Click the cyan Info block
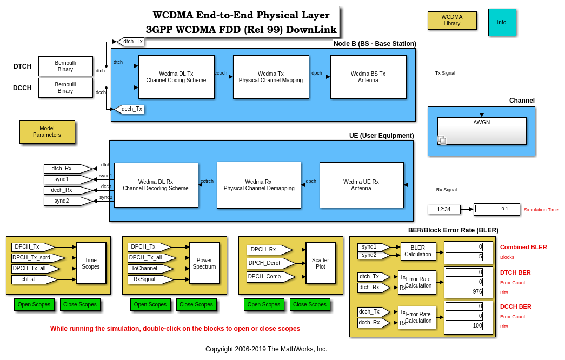(x=502, y=22)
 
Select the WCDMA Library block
(x=452, y=21)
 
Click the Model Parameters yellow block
(x=47, y=132)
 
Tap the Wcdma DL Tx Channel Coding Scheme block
(x=176, y=77)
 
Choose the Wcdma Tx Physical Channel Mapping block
(x=271, y=77)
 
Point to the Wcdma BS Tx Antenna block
(x=368, y=77)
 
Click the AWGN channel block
(x=482, y=131)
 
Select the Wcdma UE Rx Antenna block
(x=361, y=185)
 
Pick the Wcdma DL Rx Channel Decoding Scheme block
(x=156, y=185)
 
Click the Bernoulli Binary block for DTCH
(x=65, y=66)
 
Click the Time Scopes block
(x=91, y=263)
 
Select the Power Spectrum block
(x=204, y=263)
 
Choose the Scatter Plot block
(x=321, y=263)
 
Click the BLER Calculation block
(x=418, y=251)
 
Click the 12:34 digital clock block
(x=444, y=209)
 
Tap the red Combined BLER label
(x=523, y=247)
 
